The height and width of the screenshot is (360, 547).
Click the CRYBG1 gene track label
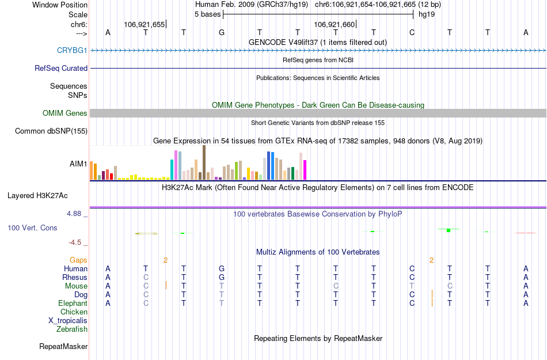tap(72, 50)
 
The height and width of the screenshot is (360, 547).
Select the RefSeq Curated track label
tap(61, 68)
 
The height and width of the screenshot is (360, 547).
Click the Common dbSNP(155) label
tap(51, 131)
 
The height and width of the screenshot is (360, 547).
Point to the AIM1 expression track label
tap(78, 164)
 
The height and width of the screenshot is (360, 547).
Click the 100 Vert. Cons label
tap(32, 228)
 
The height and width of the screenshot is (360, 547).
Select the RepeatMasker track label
tap(63, 347)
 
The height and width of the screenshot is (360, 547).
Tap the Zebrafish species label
tap(72, 329)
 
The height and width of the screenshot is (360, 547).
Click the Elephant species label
tap(73, 304)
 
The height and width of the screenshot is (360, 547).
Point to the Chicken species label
tap(74, 312)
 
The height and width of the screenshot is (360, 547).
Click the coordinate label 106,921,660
tap(334, 24)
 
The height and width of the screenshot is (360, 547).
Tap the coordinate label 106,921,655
tap(144, 24)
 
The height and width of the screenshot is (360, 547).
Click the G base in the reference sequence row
tap(222, 32)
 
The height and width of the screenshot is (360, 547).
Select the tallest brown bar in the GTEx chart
tap(204, 162)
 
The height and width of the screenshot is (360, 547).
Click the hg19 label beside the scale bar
tap(427, 14)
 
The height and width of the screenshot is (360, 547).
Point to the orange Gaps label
tap(78, 260)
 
